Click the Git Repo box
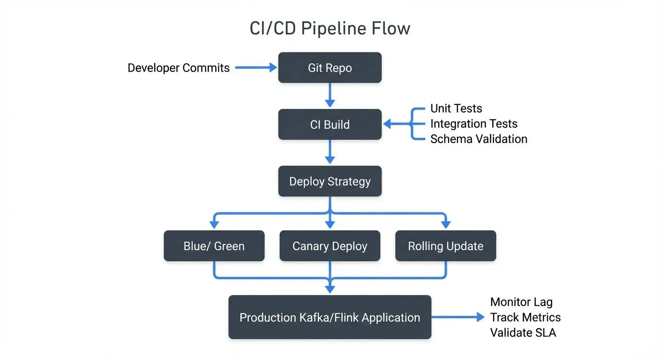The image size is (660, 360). point(330,68)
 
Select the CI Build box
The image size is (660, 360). point(330,125)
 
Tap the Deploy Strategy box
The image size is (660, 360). point(330,181)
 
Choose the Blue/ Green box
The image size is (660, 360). point(214,246)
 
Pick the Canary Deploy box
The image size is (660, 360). point(330,246)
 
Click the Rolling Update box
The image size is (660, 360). point(446,246)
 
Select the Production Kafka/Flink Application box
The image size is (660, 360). point(330,317)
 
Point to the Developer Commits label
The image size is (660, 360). point(179,68)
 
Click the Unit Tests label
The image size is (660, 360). point(456,109)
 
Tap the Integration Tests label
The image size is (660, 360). point(474,124)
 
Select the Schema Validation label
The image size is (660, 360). point(479,139)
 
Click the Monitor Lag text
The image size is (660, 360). point(521,302)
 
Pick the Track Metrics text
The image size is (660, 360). point(525,317)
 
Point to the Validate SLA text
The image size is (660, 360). point(523,332)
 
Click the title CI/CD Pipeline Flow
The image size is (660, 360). point(330,29)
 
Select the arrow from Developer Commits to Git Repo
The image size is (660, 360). point(255,68)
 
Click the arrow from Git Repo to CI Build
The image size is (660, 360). point(330,96)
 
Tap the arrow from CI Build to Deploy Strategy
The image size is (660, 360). point(330,152)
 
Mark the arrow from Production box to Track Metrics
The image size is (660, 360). point(457,317)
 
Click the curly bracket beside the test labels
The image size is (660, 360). point(413,124)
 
